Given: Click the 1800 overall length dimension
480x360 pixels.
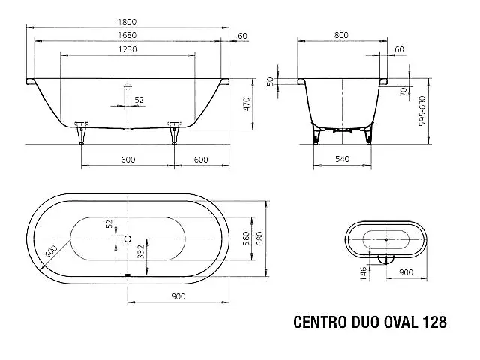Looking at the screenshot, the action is pos(127,22).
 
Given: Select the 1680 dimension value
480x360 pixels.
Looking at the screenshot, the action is pos(127,35).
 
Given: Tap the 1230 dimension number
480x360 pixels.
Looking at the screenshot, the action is pos(127,49).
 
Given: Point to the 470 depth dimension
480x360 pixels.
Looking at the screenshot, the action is pos(247,104).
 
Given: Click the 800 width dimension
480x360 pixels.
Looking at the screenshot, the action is pos(341,35).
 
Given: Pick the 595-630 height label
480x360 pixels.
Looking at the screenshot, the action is pos(422,111).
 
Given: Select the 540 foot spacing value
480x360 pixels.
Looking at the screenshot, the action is pos(342,159).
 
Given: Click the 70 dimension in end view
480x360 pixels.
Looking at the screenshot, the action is pos(403,91).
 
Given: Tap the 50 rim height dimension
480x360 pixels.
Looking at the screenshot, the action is pos(270,81).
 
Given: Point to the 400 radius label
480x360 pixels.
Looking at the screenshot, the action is pos(51,251).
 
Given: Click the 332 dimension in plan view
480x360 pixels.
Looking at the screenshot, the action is pos(141,251).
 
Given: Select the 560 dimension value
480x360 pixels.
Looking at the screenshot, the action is pos(246,238).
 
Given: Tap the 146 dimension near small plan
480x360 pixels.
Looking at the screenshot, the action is pos(363,273).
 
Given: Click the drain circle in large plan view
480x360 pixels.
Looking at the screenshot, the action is pos(127,238).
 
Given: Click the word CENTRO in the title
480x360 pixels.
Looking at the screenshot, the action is pos(320,322).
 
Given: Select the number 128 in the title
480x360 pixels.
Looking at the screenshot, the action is pos(435,322).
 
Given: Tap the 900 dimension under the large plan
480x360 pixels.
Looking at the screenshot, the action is pos(178,296).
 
